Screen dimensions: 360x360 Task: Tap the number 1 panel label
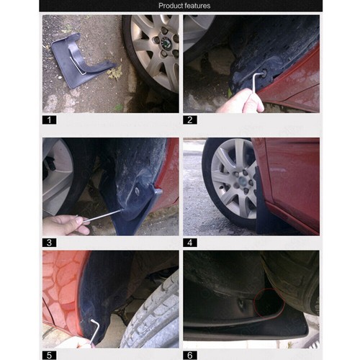[x=50, y=120]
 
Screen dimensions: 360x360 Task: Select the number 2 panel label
[x=190, y=120]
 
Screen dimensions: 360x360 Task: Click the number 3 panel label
[x=50, y=243]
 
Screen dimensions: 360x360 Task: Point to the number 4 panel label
[x=190, y=243]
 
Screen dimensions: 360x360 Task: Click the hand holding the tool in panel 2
[x=241, y=102]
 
